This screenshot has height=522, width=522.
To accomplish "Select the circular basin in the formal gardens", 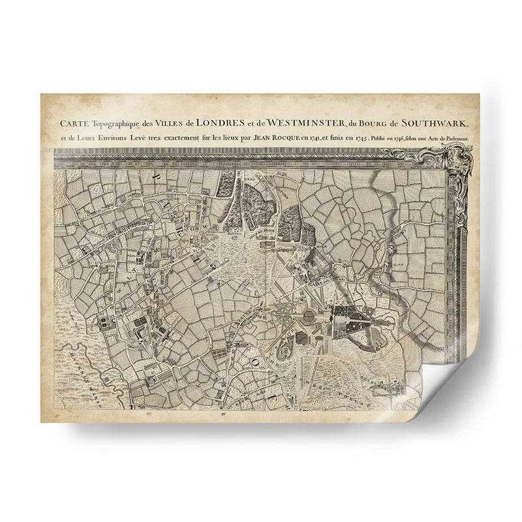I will coord(305,315).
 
